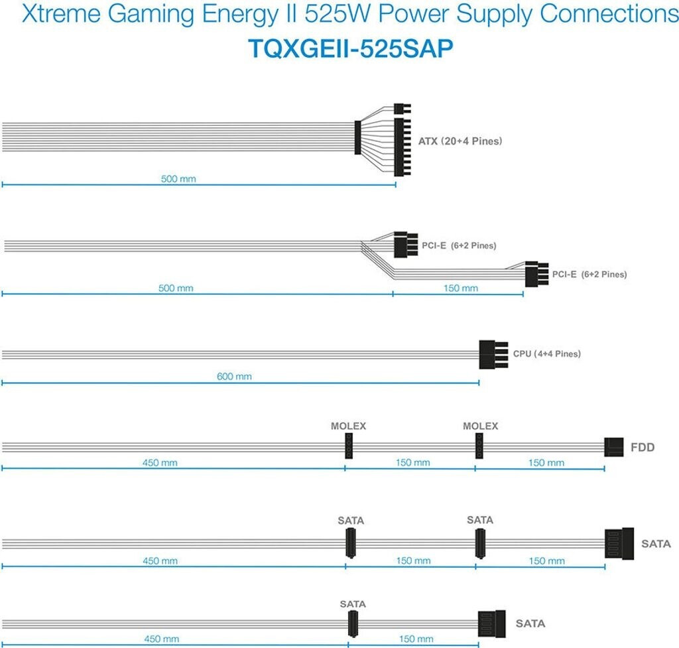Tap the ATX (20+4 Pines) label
pyautogui.click(x=460, y=141)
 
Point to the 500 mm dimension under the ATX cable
pyautogui.click(x=178, y=179)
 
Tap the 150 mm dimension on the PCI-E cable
pyautogui.click(x=460, y=289)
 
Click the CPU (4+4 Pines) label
pyautogui.click(x=546, y=354)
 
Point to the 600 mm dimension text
pyautogui.click(x=235, y=377)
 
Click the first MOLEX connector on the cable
pyautogui.click(x=347, y=446)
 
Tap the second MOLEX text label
pyautogui.click(x=480, y=426)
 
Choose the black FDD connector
pyautogui.click(x=615, y=447)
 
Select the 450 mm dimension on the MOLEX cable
pyautogui.click(x=160, y=463)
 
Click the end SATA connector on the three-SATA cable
pyautogui.click(x=619, y=544)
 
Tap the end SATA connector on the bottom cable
pyautogui.click(x=491, y=623)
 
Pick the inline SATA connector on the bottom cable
pyautogui.click(x=352, y=623)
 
